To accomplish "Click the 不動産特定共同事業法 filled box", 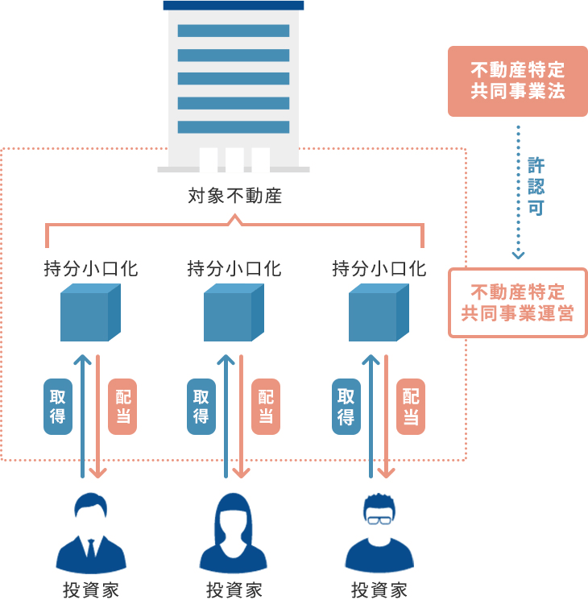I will pos(517,81).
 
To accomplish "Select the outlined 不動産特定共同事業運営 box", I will pos(517,302).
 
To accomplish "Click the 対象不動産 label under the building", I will pos(234,196).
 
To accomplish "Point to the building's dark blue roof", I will pos(234,5).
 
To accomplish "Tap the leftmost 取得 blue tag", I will pos(58,407).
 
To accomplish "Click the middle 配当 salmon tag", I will pos(266,407).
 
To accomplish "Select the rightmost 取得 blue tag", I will pos(346,407).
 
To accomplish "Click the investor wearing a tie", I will pos(90,536).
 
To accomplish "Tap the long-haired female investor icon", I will pos(234,532).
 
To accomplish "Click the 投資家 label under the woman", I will pos(234,590).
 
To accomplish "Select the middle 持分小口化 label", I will pos(234,268).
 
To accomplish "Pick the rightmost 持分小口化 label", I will pos(379,268).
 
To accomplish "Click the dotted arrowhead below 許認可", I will pos(518,254).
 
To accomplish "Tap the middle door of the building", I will pos(234,159).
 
